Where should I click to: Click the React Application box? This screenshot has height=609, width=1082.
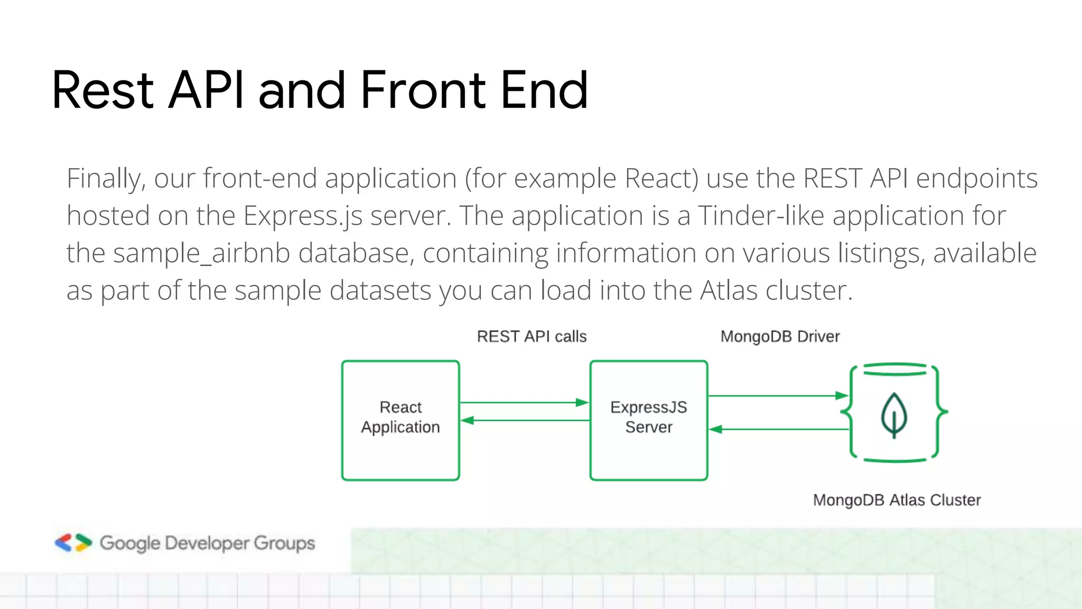400,420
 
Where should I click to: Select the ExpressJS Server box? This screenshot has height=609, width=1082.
648,420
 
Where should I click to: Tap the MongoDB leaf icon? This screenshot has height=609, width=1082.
894,416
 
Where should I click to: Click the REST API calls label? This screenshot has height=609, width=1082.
531,337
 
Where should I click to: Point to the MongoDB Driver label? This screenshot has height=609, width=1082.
780,337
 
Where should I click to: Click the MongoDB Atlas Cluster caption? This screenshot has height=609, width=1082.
897,500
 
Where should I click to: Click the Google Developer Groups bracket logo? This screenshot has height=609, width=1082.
73,543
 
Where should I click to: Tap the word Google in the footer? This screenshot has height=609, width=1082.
129,543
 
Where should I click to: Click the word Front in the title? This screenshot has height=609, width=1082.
423,91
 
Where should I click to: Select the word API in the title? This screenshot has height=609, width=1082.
206,91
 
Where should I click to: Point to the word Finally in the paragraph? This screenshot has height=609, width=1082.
106,179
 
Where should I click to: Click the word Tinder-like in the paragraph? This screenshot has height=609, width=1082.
761,216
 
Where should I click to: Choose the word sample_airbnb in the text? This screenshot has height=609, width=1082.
201,253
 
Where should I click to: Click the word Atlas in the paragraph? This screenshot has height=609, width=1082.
729,291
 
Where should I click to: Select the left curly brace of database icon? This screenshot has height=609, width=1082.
848,411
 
